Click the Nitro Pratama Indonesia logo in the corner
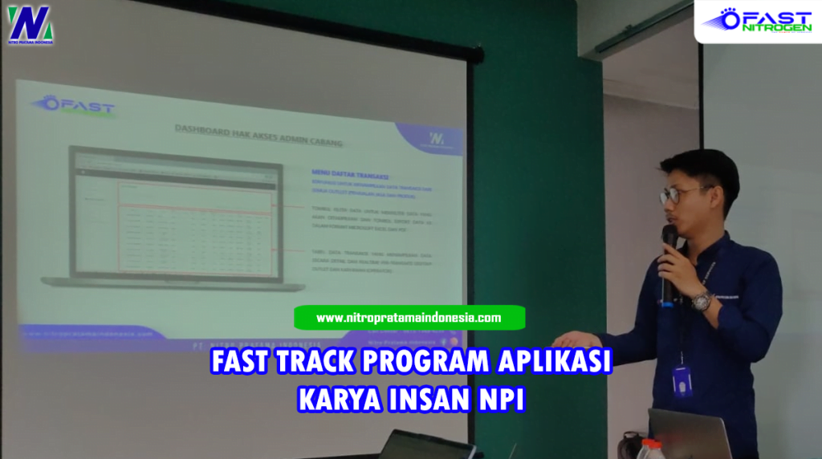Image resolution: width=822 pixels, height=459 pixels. pos(30,25)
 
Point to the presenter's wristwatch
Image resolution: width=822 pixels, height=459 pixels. pos(702,302)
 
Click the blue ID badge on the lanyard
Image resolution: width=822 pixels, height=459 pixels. pos(682,380)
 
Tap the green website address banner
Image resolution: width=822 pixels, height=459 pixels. pos(409,318)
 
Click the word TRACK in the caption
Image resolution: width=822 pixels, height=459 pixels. pos(309,362)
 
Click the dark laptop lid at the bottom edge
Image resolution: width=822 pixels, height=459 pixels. pos(425,445)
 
